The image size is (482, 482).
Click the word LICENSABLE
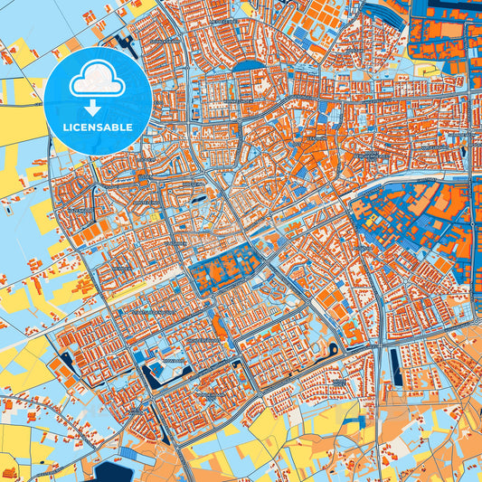click(98, 128)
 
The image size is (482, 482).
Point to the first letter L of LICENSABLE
click(65, 128)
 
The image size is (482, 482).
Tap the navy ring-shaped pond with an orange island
click(331, 348)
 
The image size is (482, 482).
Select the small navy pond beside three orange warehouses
click(67, 360)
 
